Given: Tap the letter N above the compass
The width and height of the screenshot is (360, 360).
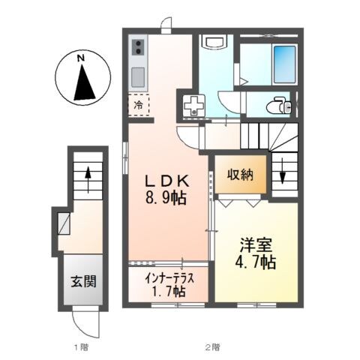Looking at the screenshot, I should point(83,57).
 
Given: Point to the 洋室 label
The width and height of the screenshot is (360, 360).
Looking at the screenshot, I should point(253,245).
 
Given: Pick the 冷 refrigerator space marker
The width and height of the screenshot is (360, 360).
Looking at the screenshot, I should point(138,106).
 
